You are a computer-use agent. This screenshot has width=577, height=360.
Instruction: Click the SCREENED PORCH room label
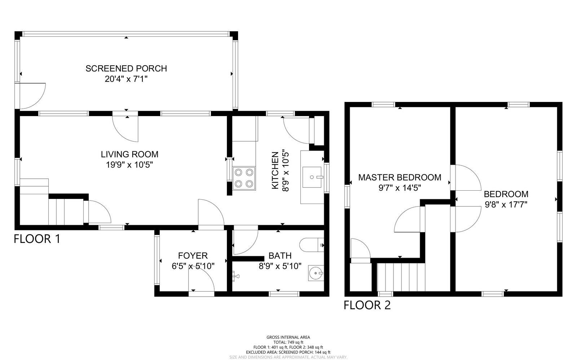tap(126, 68)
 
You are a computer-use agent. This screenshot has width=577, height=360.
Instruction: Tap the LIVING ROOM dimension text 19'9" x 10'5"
tap(129, 165)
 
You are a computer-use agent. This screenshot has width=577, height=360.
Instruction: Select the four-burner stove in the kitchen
tap(244, 178)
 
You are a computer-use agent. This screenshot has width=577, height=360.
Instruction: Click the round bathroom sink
tap(316, 273)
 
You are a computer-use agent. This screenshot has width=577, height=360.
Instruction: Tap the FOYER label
tap(193, 256)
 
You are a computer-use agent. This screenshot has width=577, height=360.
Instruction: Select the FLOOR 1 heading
tap(37, 239)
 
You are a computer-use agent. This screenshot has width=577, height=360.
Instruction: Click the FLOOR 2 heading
tap(367, 305)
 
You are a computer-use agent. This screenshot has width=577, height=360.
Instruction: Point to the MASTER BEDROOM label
tap(399, 177)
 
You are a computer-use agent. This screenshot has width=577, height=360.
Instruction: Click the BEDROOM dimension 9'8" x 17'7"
tap(506, 205)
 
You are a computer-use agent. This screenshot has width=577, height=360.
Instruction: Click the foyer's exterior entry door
tap(201, 281)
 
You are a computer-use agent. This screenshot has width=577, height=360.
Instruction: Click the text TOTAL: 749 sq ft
tap(288, 342)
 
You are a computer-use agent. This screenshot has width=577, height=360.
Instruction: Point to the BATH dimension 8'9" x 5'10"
tap(280, 266)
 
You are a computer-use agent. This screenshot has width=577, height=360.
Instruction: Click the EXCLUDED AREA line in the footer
tap(288, 352)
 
